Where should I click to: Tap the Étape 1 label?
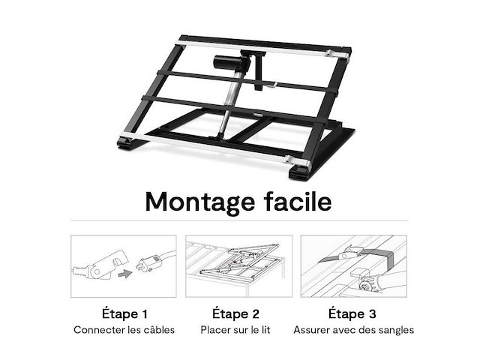(124, 313)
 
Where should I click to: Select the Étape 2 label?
(235, 313)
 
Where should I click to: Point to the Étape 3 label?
(352, 313)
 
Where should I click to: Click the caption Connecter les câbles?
(124, 330)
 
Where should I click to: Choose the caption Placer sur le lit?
(235, 330)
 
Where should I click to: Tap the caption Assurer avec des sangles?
(353, 330)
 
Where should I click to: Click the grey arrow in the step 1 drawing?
(125, 273)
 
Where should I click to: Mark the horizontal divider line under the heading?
(239, 220)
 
